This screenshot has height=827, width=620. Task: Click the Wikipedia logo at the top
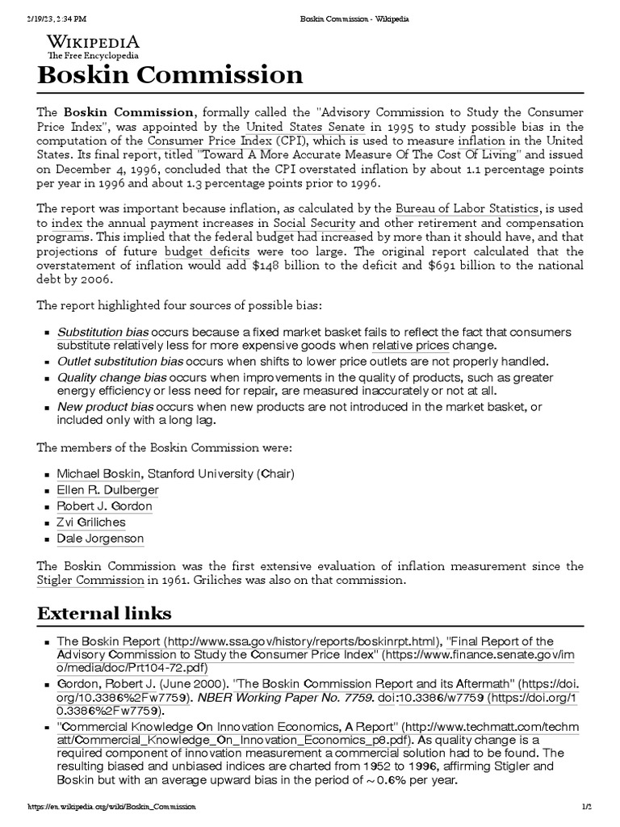coord(92,46)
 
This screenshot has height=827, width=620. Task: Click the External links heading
coord(104,613)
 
